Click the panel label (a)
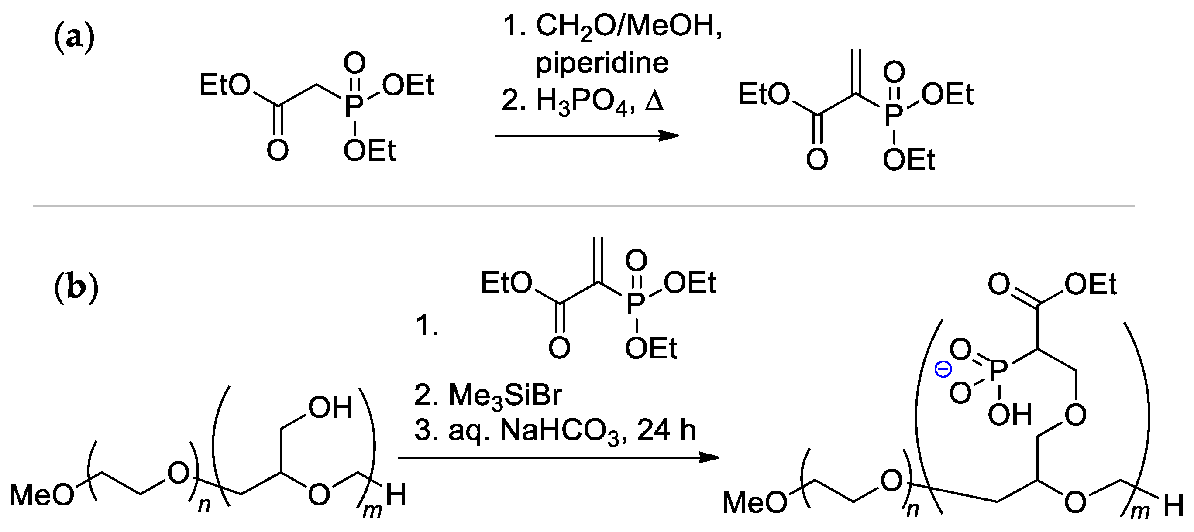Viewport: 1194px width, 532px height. tap(74, 38)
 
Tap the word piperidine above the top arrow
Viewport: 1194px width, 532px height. tap(602, 63)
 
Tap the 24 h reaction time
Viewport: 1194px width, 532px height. tap(666, 430)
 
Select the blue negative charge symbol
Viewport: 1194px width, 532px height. tap(943, 369)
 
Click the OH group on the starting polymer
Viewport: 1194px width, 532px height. tap(330, 408)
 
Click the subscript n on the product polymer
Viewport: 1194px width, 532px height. tap(912, 509)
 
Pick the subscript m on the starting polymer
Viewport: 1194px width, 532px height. tap(372, 511)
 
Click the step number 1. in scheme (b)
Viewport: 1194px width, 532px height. tap(427, 325)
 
